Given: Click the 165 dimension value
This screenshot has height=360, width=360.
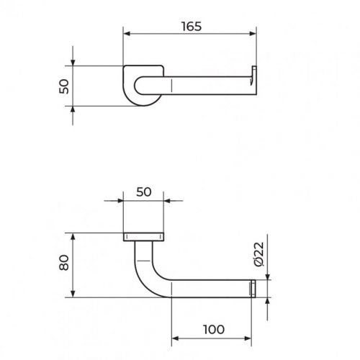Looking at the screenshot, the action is pyautogui.click(x=192, y=27).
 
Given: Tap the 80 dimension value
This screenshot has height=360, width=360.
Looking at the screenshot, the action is pyautogui.click(x=64, y=263).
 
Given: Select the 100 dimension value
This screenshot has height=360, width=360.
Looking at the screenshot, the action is pyautogui.click(x=214, y=329).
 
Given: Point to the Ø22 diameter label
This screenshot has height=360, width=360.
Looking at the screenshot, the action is pyautogui.click(x=259, y=254).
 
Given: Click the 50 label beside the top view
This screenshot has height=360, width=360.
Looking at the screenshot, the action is pyautogui.click(x=64, y=86).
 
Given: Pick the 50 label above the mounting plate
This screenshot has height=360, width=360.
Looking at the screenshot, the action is pyautogui.click(x=144, y=192).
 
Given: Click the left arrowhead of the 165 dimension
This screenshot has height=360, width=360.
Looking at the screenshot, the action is pyautogui.click(x=127, y=34).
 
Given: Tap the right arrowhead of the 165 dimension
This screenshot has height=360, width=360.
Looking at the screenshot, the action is pyautogui.click(x=253, y=34).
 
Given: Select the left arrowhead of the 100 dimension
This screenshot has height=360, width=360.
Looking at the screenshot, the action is pyautogui.click(x=176, y=338).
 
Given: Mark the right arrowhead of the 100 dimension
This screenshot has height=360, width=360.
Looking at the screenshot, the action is pyautogui.click(x=248, y=338).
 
